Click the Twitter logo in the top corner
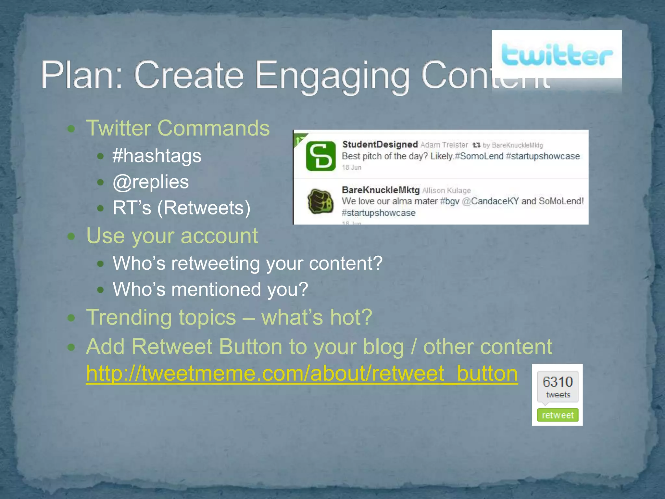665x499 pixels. [557, 55]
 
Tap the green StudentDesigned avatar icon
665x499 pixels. [321, 156]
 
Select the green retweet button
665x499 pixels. [558, 415]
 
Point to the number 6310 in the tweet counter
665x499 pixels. [558, 382]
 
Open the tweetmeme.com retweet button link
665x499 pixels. [302, 373]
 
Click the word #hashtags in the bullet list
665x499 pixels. [157, 156]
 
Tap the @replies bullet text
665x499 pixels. [151, 182]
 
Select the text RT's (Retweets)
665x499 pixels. [182, 208]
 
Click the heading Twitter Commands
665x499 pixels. [178, 128]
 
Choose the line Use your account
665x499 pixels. [172, 236]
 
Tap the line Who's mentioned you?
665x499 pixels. [210, 289]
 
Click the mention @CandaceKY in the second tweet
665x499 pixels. [490, 201]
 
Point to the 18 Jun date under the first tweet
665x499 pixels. [352, 168]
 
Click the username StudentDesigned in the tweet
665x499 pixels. [380, 144]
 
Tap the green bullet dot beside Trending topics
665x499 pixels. [71, 318]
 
